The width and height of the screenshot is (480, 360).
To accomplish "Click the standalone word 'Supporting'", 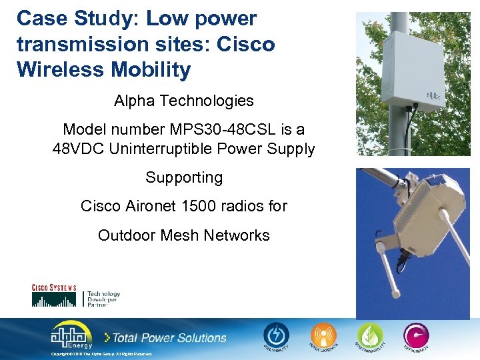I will coord(184,177).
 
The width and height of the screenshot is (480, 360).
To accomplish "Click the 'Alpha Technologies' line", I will coord(184,101).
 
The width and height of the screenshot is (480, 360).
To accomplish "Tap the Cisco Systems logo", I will coord(54,295).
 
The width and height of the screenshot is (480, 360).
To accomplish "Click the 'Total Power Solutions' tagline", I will coord(168,338).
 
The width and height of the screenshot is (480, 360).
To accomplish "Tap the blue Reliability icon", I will coord(276,335).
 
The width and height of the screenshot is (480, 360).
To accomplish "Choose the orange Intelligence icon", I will coord(324,335).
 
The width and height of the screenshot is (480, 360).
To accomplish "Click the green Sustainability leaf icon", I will coord(370,335).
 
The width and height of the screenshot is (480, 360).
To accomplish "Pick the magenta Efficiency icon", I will coord(416,335).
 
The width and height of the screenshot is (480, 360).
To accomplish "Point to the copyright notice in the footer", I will coord(102,354).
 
